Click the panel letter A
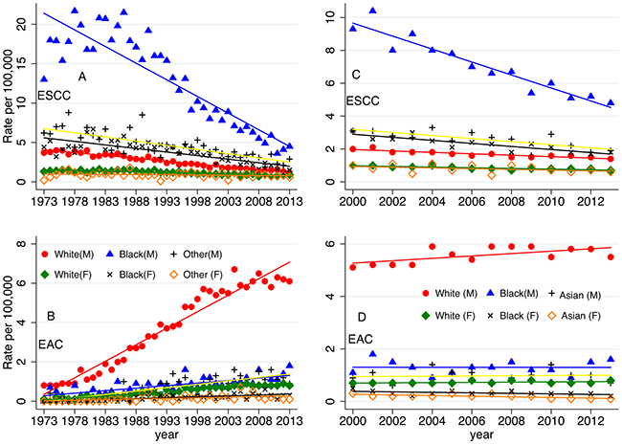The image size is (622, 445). (x=83, y=76)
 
